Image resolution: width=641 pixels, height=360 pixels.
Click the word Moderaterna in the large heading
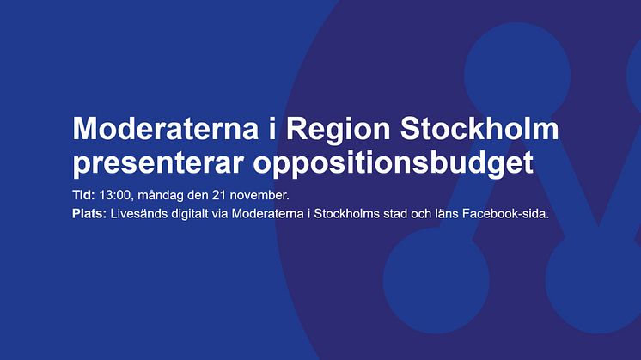click(x=166, y=129)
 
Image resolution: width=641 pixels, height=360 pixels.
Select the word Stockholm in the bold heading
click(x=479, y=129)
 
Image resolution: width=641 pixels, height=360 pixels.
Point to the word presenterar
click(x=158, y=164)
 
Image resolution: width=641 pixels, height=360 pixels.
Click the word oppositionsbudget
click(x=393, y=162)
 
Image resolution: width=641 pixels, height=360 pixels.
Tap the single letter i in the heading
click(x=272, y=129)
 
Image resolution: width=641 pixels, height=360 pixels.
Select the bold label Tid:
click(x=84, y=195)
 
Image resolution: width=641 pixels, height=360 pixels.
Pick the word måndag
click(x=161, y=196)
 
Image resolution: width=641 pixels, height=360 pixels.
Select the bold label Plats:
click(x=89, y=213)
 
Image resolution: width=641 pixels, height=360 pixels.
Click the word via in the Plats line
click(x=220, y=214)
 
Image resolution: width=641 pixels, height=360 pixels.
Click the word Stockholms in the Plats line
click(x=346, y=213)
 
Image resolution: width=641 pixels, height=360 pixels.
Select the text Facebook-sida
click(x=506, y=213)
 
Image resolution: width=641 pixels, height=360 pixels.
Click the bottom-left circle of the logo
click(x=436, y=280)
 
